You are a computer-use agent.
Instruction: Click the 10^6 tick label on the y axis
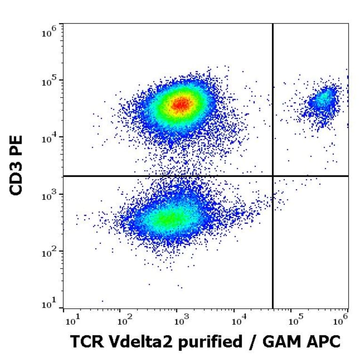pos(49,33)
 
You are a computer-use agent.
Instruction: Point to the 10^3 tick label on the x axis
pos(181,321)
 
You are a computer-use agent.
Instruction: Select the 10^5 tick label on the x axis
pos(295,321)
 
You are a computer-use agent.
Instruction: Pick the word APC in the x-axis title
pos(324,342)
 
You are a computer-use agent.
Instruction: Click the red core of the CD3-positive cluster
pos(180,104)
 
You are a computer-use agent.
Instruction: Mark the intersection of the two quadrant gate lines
pos(273,176)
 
